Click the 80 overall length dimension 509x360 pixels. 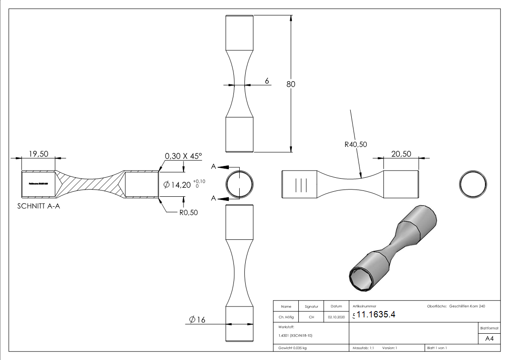291,84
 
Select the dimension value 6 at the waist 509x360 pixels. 267,81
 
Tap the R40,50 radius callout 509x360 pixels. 355,144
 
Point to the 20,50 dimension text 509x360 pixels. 401,154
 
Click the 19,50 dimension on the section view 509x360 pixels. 39,154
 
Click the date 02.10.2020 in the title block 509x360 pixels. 336,317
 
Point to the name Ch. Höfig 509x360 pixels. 286,317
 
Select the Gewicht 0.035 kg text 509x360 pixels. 292,348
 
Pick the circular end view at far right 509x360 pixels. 473,185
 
